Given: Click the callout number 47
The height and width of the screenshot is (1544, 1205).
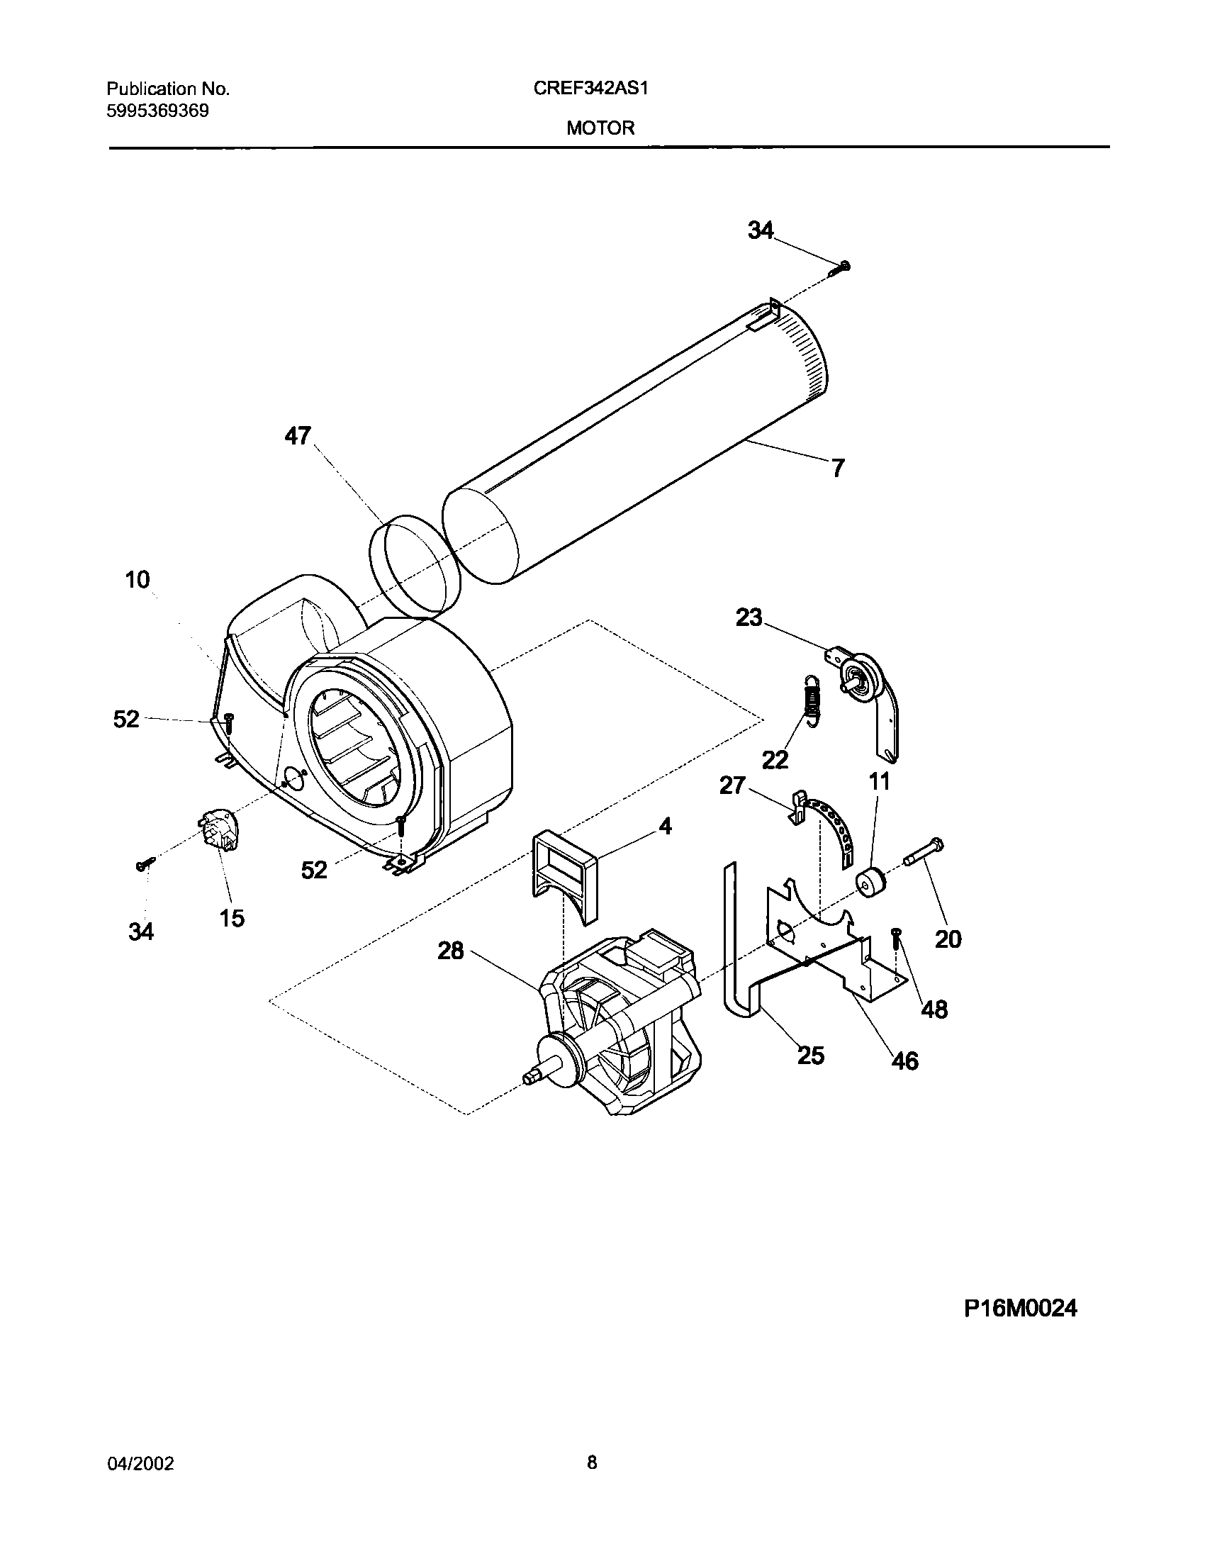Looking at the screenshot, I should (298, 435).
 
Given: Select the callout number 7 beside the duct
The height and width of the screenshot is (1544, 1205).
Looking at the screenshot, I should (838, 468).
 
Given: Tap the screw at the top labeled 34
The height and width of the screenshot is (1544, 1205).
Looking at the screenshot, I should (841, 267).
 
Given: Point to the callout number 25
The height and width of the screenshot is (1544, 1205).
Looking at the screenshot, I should (811, 1055).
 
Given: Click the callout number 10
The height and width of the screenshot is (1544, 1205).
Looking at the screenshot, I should (138, 580).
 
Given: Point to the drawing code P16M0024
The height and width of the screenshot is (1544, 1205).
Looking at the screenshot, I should (1020, 1308).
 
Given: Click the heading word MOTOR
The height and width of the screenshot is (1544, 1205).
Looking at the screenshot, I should (600, 128).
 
